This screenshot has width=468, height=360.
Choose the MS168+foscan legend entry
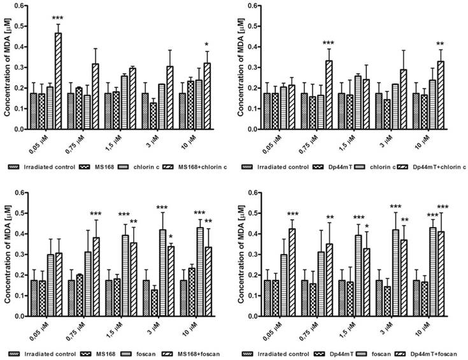tap(194, 354)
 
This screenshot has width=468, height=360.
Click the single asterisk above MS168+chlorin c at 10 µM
tap(206, 45)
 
